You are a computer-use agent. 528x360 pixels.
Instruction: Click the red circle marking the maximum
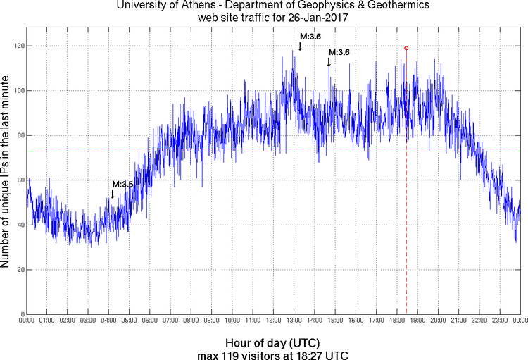406,48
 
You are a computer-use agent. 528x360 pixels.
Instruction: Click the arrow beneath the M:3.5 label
112,194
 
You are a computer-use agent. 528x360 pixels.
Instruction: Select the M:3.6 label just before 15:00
339,52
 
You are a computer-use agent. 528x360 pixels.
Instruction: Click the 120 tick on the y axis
15,46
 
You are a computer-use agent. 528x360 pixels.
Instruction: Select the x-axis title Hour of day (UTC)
273,341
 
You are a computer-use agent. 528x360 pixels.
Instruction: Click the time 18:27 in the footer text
313,354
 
